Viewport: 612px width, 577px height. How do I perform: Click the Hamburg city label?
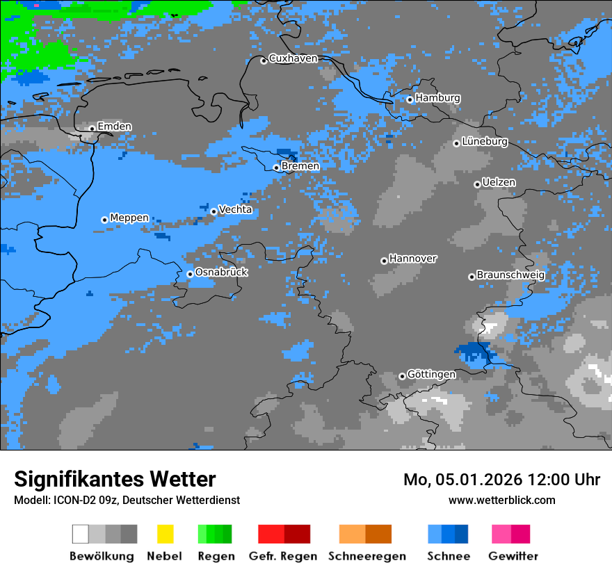tap(437, 98)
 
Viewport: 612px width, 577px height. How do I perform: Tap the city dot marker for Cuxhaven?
tap(264, 61)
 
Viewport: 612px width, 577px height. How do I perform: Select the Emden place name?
tap(114, 127)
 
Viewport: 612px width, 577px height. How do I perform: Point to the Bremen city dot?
tap(276, 168)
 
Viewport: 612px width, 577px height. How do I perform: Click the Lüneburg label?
tap(485, 141)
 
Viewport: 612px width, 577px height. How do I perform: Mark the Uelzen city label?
tap(499, 182)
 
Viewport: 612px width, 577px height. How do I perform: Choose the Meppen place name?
tap(129, 218)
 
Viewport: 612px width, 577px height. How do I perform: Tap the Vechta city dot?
tap(214, 212)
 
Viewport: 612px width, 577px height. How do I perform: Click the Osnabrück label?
tap(221, 272)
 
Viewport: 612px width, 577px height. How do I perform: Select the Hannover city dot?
tap(384, 261)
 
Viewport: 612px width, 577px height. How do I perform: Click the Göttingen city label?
tap(431, 374)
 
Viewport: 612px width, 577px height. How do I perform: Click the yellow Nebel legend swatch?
tap(165, 534)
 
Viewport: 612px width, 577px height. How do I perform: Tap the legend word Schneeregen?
tap(367, 556)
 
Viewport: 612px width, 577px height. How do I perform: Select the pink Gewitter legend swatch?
tap(501, 534)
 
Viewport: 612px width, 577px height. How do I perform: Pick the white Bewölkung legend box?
tap(81, 534)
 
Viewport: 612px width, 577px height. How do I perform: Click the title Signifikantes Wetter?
tap(115, 479)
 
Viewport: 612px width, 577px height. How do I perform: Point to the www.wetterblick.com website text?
tap(501, 500)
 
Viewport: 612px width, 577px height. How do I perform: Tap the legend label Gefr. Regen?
tap(283, 556)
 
